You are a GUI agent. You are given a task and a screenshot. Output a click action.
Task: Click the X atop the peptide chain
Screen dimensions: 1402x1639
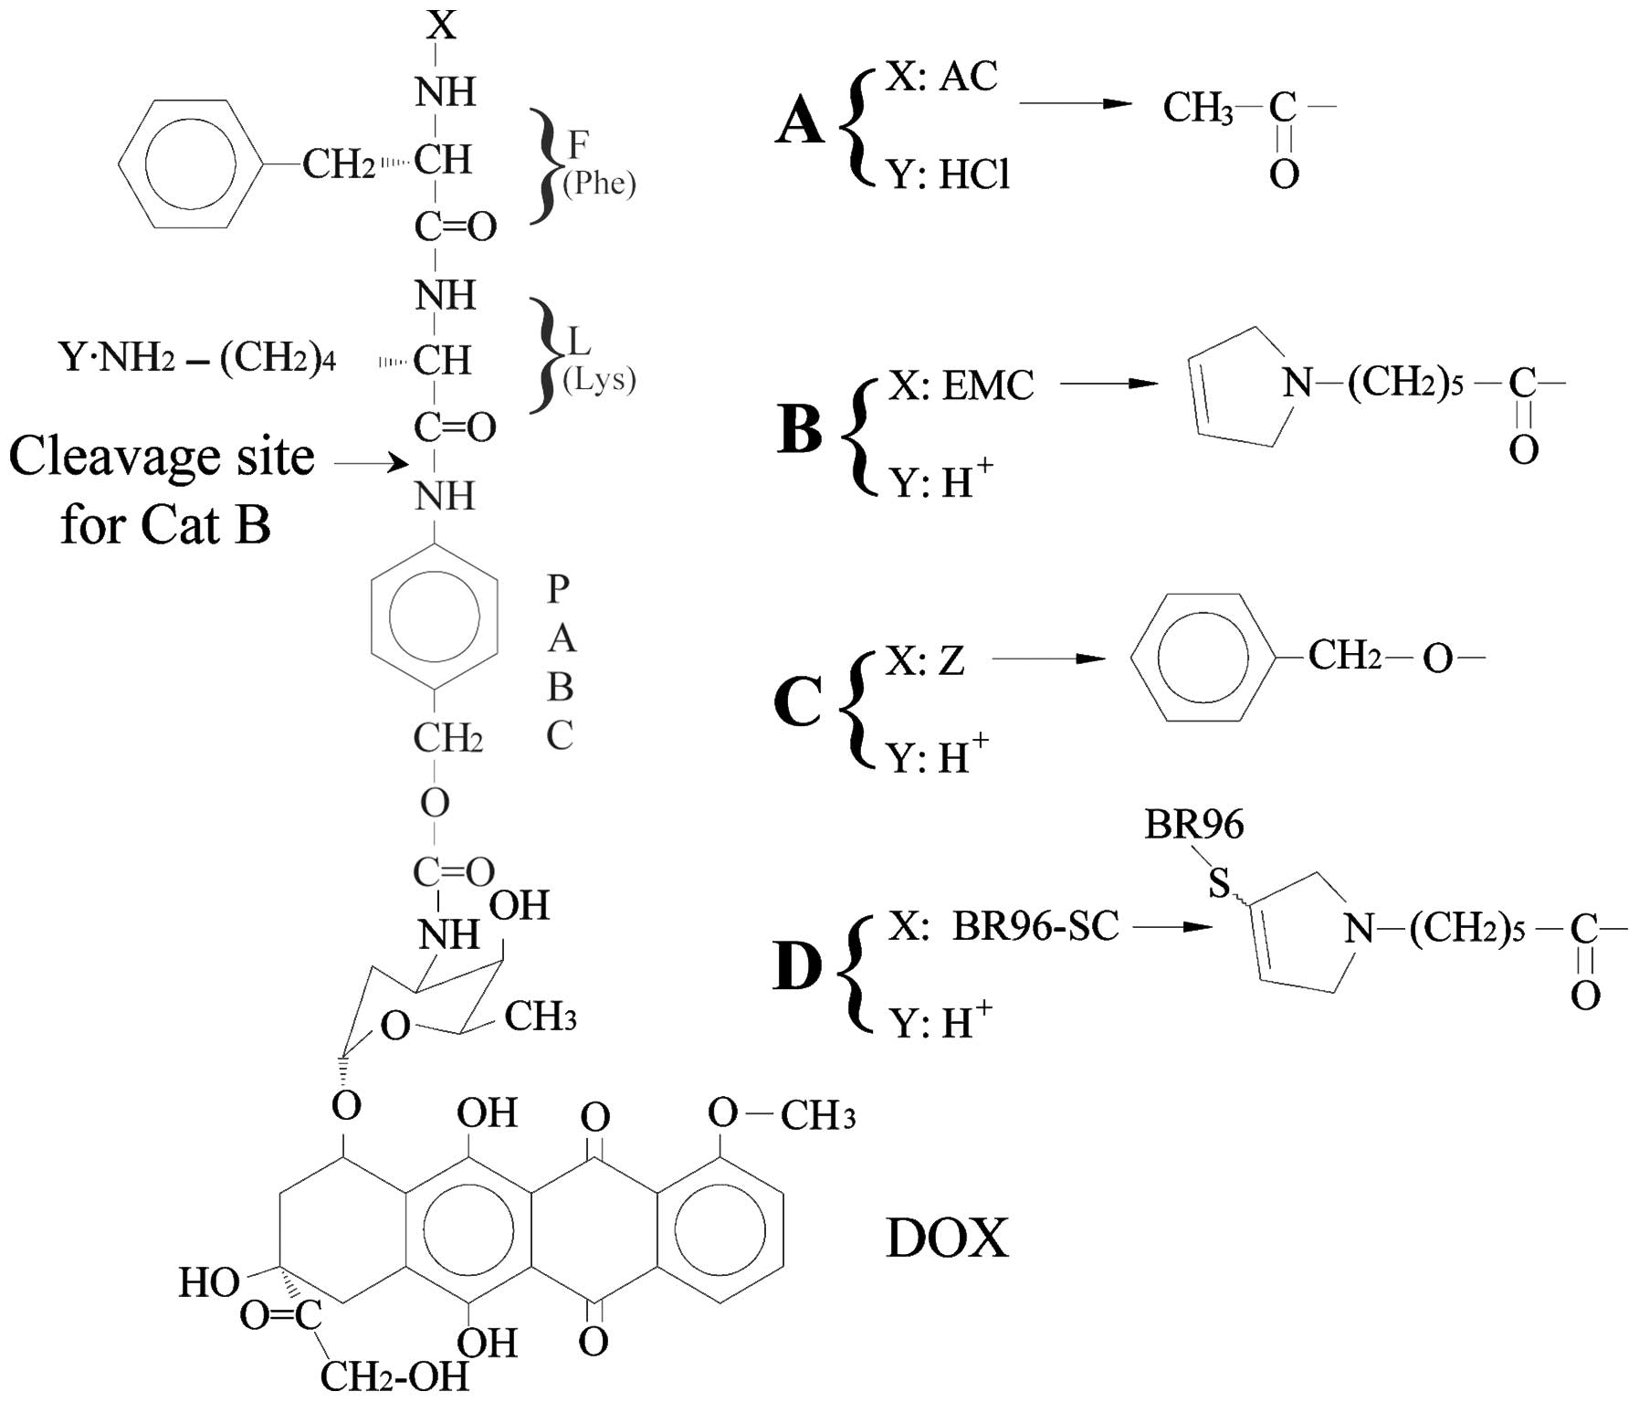(x=442, y=25)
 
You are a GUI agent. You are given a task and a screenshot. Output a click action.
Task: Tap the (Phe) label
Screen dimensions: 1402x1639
(x=599, y=184)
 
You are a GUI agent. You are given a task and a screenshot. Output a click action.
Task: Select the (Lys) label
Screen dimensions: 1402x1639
(x=599, y=379)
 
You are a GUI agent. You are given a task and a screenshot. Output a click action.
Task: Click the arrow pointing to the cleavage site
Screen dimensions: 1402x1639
(x=371, y=464)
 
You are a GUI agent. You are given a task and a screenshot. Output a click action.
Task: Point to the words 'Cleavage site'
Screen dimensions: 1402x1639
(x=162, y=456)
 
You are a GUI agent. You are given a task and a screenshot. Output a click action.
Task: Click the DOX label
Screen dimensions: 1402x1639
(x=947, y=1239)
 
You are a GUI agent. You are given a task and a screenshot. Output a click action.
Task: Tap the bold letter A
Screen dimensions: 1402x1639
(x=799, y=121)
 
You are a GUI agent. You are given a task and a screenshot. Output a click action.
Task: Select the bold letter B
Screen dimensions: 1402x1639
(x=799, y=429)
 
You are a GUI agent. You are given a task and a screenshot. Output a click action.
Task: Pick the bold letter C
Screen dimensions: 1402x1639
(x=797, y=703)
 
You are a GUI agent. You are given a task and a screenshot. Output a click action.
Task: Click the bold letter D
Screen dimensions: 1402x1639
(x=797, y=967)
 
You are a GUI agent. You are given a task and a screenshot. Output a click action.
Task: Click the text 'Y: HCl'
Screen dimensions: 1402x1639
(x=950, y=174)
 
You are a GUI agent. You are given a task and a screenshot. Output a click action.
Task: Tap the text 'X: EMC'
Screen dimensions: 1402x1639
(x=961, y=385)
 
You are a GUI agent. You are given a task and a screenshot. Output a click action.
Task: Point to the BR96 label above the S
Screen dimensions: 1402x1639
(x=1193, y=826)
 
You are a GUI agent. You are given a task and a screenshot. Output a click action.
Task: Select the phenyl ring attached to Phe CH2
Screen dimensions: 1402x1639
(x=190, y=165)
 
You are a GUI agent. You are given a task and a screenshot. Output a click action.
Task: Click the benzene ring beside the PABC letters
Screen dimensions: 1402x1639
(x=435, y=617)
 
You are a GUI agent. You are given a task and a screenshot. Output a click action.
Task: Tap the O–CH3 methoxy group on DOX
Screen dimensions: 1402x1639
(x=782, y=1114)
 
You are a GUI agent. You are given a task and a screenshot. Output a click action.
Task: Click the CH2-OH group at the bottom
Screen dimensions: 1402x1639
(x=394, y=1376)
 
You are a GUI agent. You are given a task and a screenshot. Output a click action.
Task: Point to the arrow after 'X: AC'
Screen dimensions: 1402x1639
(x=1076, y=103)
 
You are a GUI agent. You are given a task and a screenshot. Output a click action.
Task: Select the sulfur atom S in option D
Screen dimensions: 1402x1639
(x=1219, y=883)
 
